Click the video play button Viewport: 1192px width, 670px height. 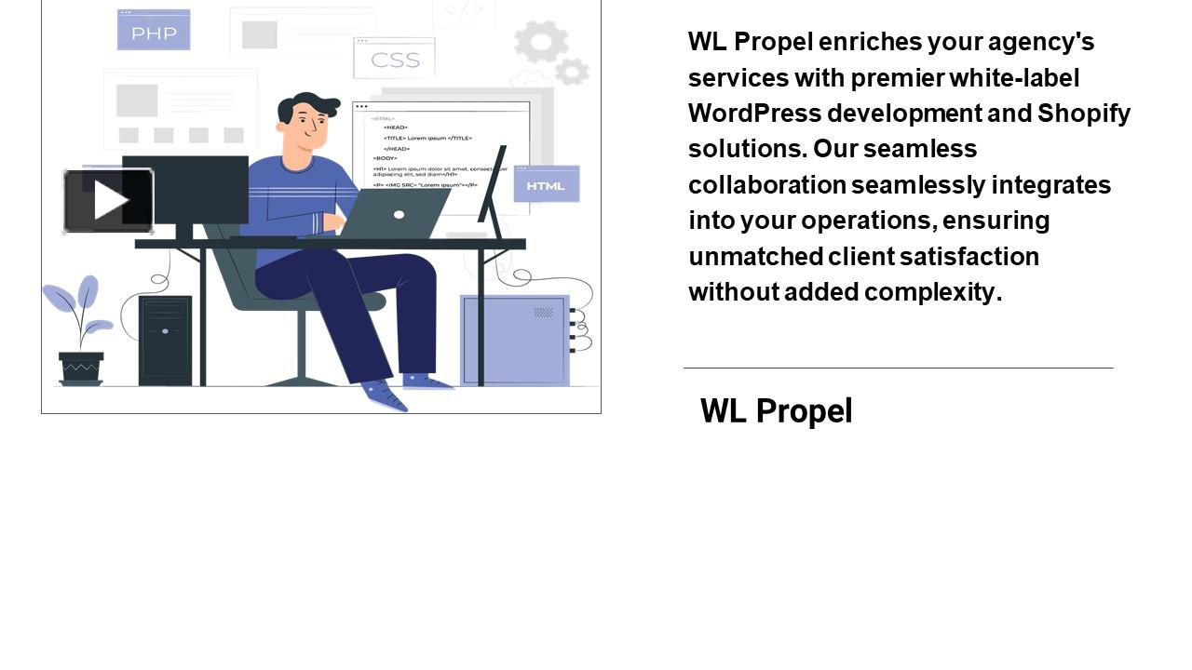[x=108, y=200]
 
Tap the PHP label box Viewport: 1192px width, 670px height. [x=154, y=31]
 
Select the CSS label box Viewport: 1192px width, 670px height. [x=395, y=60]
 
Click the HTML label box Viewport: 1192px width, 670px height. [x=546, y=184]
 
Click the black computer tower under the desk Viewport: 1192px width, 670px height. [x=165, y=341]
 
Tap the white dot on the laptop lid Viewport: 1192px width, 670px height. [x=399, y=215]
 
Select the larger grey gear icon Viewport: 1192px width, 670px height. [x=541, y=42]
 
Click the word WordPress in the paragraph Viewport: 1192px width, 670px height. [x=754, y=114]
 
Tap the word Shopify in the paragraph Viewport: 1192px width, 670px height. [x=1084, y=114]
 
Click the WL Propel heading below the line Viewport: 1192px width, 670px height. [x=776, y=410]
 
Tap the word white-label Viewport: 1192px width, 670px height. [x=1014, y=78]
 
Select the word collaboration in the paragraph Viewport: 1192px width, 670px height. [x=766, y=185]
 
